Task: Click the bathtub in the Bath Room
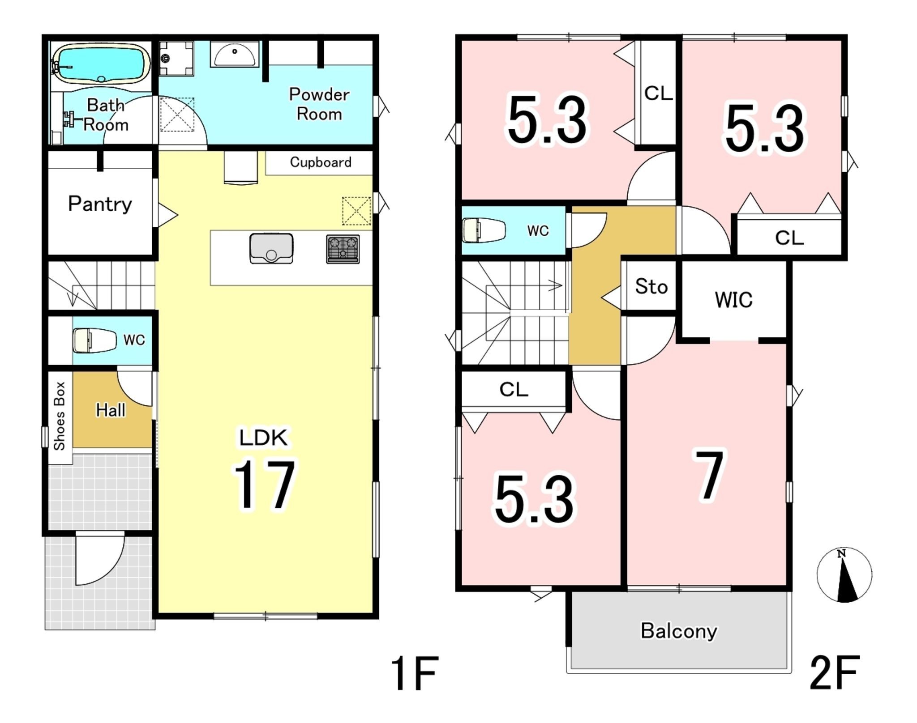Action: [x=101, y=64]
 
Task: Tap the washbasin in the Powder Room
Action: [x=235, y=54]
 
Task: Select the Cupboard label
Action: [x=321, y=162]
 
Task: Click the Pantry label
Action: [x=100, y=204]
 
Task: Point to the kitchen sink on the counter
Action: [x=271, y=248]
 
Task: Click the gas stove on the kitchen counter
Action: [x=343, y=249]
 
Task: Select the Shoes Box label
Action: [x=60, y=416]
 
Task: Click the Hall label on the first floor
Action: [x=111, y=410]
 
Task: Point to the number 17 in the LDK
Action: [x=264, y=484]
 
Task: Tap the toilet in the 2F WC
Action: [x=484, y=230]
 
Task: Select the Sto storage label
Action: [x=651, y=286]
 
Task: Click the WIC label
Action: [x=733, y=300]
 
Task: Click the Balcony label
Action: [x=679, y=631]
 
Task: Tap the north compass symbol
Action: [x=844, y=575]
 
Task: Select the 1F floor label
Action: [x=414, y=673]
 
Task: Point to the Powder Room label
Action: [x=319, y=104]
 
